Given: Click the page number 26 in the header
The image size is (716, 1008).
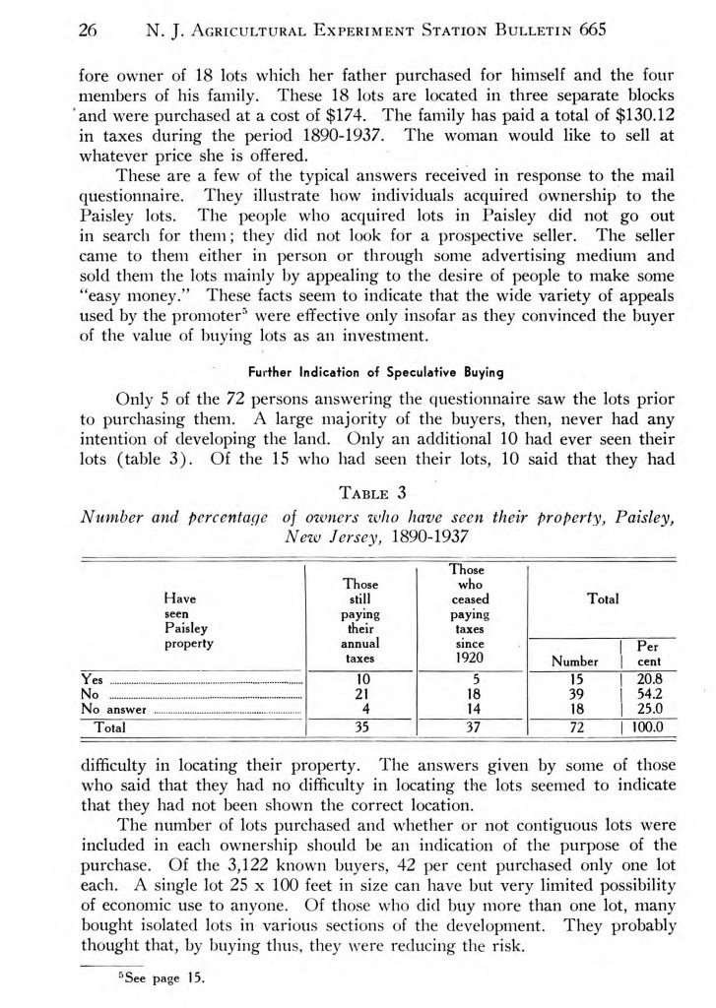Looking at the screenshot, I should (x=90, y=31).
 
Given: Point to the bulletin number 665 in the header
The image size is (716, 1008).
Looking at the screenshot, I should (x=592, y=31).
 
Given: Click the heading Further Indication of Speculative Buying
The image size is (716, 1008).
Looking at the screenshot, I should (x=358, y=373).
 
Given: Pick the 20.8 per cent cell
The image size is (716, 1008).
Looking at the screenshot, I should (x=650, y=679).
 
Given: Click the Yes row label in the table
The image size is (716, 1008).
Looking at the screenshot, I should (x=91, y=679).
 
